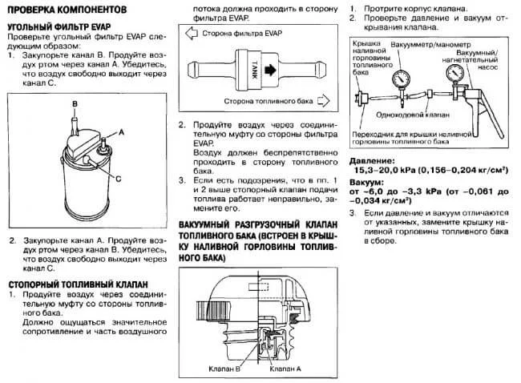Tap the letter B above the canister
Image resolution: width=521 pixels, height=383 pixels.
73,105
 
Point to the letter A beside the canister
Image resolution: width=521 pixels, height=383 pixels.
122,129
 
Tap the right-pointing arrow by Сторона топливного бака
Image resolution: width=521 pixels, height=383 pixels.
324,101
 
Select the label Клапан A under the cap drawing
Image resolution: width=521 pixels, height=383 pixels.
286,369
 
